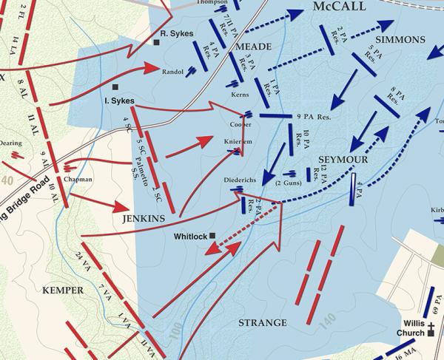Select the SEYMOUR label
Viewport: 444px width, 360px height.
(x=338, y=159)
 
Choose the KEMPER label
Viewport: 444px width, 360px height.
(x=63, y=290)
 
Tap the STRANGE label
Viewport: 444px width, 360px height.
(x=263, y=323)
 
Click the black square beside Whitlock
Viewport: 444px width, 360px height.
(x=212, y=236)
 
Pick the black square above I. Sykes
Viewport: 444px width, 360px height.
(x=115, y=87)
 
